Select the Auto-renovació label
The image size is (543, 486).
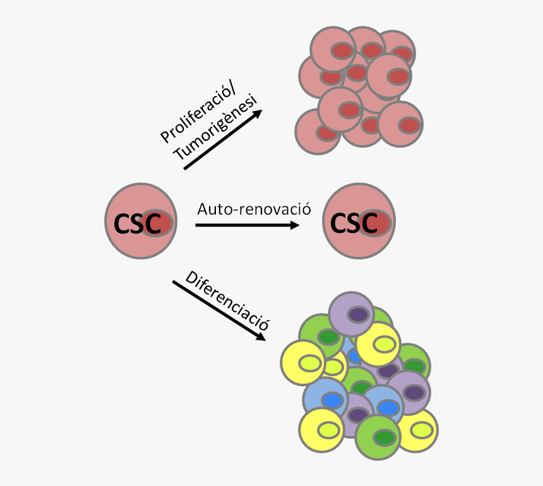point(254,209)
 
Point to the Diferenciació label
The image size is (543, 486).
point(228,302)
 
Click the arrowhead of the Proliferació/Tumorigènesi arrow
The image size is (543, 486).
point(259,114)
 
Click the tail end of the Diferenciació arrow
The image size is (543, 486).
point(175,282)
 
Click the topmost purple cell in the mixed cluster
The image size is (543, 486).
point(352,314)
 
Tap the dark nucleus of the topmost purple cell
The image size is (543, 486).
point(359,314)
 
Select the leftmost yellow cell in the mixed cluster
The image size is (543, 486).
point(302,362)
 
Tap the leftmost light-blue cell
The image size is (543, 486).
point(325,399)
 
